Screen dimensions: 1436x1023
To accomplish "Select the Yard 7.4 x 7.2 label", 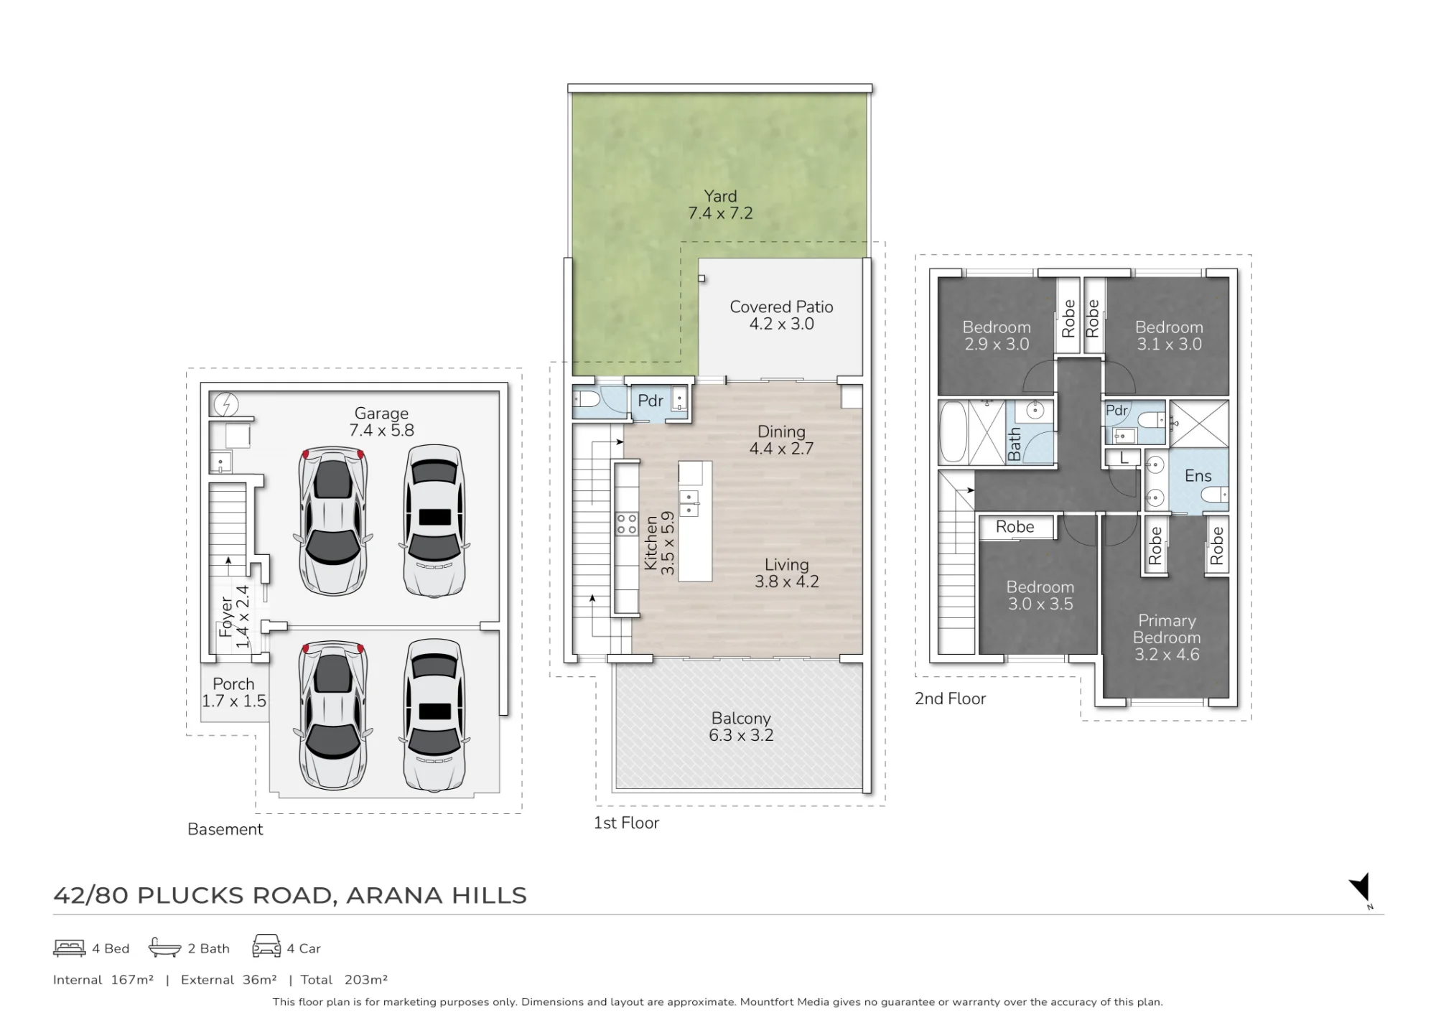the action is coord(720,205).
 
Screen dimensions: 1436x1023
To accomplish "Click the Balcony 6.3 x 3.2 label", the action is coord(741,727).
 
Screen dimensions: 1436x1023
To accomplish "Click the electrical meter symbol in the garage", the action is coord(226,404).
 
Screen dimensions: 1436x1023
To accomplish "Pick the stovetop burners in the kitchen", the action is coord(627,523).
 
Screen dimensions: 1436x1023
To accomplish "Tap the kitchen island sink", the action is coord(689,503).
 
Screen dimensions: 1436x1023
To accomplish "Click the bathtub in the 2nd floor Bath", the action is coord(954,432).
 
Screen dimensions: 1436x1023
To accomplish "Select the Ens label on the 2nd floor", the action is coord(1198,475).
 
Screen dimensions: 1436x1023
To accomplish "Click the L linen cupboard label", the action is coord(1124,457).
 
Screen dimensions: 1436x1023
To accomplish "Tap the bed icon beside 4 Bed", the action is coord(69,948).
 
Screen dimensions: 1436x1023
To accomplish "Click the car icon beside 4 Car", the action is coord(266,945).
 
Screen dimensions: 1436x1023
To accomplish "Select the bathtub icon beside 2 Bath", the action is coord(164,948).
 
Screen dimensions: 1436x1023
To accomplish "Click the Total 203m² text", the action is coord(344,979).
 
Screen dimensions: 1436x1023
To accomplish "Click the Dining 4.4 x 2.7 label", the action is coord(781,440).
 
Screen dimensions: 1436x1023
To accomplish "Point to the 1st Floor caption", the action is coord(626,823).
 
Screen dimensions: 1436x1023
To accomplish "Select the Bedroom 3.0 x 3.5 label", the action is coord(1040,595).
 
